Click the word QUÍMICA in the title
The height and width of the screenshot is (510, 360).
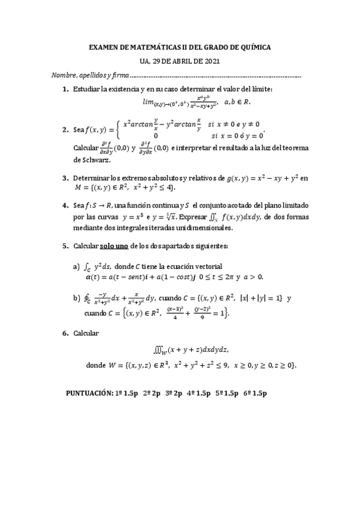point(252,47)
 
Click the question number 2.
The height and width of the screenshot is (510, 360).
point(65,129)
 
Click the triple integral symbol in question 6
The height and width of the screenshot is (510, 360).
point(162,350)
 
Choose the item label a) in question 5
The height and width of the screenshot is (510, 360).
point(76,266)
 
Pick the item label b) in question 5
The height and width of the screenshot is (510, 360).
point(76,297)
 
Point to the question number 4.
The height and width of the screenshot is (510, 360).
point(65,205)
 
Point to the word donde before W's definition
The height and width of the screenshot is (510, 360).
point(96,365)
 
